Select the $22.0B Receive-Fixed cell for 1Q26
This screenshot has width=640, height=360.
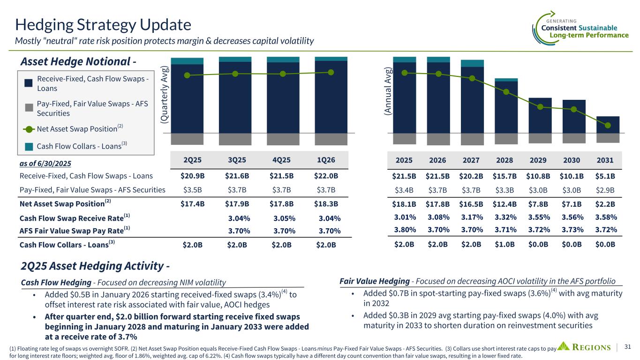[x=326, y=176]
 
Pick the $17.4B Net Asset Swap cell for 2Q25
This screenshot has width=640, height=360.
[x=192, y=204]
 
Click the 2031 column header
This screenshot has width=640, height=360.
[x=605, y=160]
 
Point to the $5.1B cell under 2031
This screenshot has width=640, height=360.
[x=605, y=176]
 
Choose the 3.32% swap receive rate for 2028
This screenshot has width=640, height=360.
[x=504, y=217]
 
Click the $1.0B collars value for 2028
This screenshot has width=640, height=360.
[x=505, y=244]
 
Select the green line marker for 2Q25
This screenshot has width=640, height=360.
[x=188, y=75]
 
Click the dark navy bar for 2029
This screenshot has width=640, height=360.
[x=540, y=115]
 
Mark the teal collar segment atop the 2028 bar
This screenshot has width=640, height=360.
[x=506, y=80]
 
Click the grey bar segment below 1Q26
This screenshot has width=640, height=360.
[x=331, y=139]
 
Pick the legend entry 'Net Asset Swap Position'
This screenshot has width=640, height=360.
[x=77, y=128]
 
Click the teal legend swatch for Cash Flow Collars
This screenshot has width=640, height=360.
[x=29, y=146]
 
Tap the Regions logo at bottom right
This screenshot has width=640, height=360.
[x=586, y=347]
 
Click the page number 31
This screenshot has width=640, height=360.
[x=628, y=347]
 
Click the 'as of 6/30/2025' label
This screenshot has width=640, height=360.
[x=45, y=163]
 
